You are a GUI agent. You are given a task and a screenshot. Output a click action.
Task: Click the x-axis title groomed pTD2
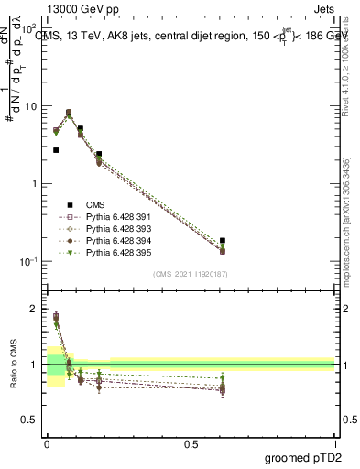click(x=303, y=456)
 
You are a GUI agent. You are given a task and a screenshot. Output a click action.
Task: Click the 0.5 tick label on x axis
click(x=191, y=443)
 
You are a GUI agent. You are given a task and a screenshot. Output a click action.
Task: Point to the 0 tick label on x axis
click(x=47, y=443)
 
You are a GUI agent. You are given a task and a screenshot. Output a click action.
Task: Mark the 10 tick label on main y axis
click(x=32, y=106)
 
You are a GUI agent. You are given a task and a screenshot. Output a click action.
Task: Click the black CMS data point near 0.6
click(x=223, y=240)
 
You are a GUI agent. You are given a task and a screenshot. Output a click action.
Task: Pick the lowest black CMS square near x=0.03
click(x=56, y=150)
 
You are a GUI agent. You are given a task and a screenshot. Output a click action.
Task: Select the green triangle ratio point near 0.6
click(x=223, y=378)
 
